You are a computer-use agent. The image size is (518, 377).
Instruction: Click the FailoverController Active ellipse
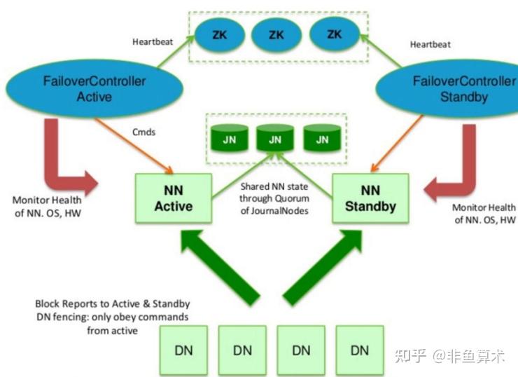[x=94, y=89]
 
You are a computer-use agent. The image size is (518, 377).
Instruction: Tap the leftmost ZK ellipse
[x=219, y=33]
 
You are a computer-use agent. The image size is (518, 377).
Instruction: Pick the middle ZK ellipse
[x=276, y=33]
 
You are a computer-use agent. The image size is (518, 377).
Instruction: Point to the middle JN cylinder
[x=275, y=138]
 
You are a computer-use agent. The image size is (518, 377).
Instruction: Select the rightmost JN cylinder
[x=322, y=138]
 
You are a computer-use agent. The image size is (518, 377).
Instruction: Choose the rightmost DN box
[x=360, y=349]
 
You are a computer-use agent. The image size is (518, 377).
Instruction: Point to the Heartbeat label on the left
[x=152, y=41]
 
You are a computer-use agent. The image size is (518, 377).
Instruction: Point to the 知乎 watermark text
[x=410, y=356]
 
